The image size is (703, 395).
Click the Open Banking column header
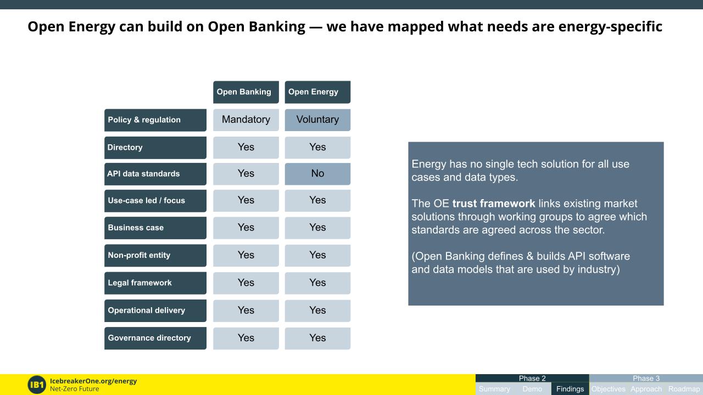[x=246, y=92]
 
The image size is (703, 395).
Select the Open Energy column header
[x=317, y=92]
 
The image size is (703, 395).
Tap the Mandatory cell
[x=246, y=120]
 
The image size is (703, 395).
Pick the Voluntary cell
[x=317, y=120]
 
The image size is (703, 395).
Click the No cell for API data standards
[x=317, y=173]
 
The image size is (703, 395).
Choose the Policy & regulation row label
[x=155, y=120]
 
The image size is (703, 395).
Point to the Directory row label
[x=155, y=148]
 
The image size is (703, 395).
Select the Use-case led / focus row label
[x=155, y=201]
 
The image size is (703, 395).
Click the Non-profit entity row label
[x=155, y=255]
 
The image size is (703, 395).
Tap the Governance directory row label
[x=155, y=338]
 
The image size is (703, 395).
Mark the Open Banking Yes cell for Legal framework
[x=246, y=283]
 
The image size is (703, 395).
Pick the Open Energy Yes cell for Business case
[x=317, y=228]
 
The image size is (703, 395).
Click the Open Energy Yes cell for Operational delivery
[x=317, y=311]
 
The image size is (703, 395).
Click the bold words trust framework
[x=493, y=204]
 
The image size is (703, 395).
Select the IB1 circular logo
[x=37, y=385]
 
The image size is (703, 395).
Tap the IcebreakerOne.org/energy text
[x=93, y=381]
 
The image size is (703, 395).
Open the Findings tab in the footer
[x=570, y=389]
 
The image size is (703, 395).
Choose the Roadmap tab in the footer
[x=684, y=389]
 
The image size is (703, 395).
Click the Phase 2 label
[x=532, y=378]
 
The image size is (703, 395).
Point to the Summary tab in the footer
[x=494, y=389]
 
